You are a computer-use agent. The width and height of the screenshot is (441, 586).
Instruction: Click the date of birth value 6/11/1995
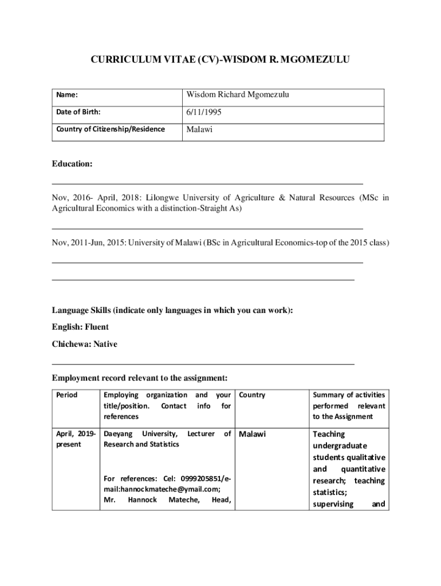pyautogui.click(x=204, y=113)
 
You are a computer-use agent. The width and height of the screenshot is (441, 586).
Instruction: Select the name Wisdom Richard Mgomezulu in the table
pyautogui.click(x=238, y=94)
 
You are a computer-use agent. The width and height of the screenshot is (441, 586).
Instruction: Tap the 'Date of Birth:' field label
pyautogui.click(x=78, y=113)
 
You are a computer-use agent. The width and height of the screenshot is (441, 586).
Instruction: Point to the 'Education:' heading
pyautogui.click(x=72, y=164)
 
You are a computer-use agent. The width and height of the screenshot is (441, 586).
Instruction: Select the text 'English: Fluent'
pyautogui.click(x=80, y=327)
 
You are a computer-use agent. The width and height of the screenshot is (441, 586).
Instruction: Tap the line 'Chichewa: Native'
pyautogui.click(x=84, y=345)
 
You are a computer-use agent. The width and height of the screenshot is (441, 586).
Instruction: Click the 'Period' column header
pyautogui.click(x=66, y=395)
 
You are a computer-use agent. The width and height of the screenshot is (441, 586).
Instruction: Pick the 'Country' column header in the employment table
pyautogui.click(x=252, y=395)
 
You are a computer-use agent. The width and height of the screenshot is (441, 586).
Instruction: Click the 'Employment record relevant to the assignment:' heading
pyautogui.click(x=140, y=378)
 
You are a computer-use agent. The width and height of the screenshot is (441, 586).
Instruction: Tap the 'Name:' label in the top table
pyautogui.click(x=67, y=95)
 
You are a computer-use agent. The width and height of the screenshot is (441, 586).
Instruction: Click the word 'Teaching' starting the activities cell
pyautogui.click(x=329, y=434)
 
